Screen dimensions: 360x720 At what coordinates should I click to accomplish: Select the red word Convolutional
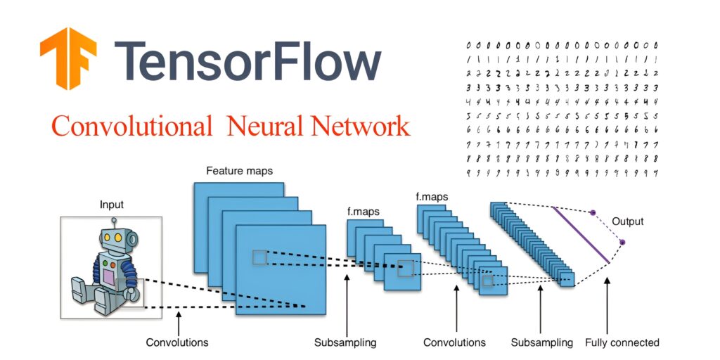pyautogui.click(x=131, y=127)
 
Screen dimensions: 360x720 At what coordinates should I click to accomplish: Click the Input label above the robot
pyautogui.click(x=110, y=205)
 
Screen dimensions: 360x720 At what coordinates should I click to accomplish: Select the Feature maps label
pyautogui.click(x=239, y=171)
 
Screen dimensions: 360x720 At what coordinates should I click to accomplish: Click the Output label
pyautogui.click(x=627, y=221)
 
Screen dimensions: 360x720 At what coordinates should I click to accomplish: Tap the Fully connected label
pyautogui.click(x=622, y=342)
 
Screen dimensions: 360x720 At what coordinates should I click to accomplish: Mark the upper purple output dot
pyautogui.click(x=593, y=212)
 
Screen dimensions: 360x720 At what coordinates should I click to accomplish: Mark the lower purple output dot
pyautogui.click(x=622, y=243)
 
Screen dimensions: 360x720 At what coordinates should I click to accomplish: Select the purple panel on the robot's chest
pyautogui.click(x=108, y=278)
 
